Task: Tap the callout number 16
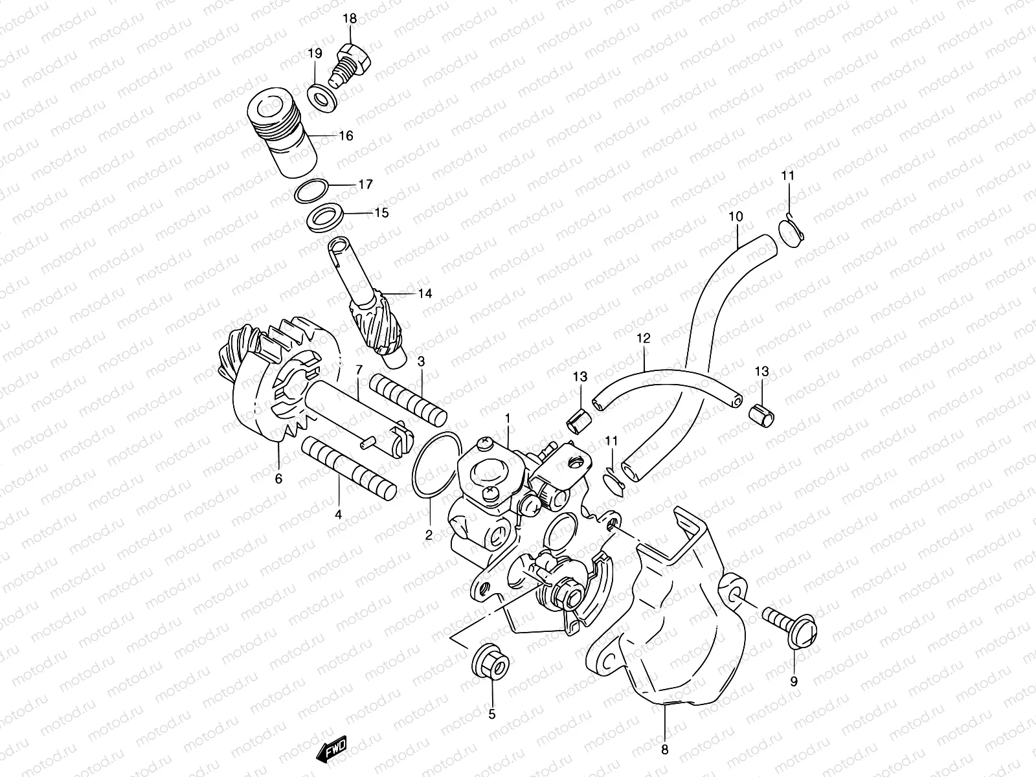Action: pos(346,136)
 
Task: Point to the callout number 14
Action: pos(424,293)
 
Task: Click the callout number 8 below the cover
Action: pos(665,750)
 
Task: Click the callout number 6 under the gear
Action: pos(279,479)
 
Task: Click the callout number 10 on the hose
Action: pos(736,216)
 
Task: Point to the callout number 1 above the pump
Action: pos(508,419)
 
